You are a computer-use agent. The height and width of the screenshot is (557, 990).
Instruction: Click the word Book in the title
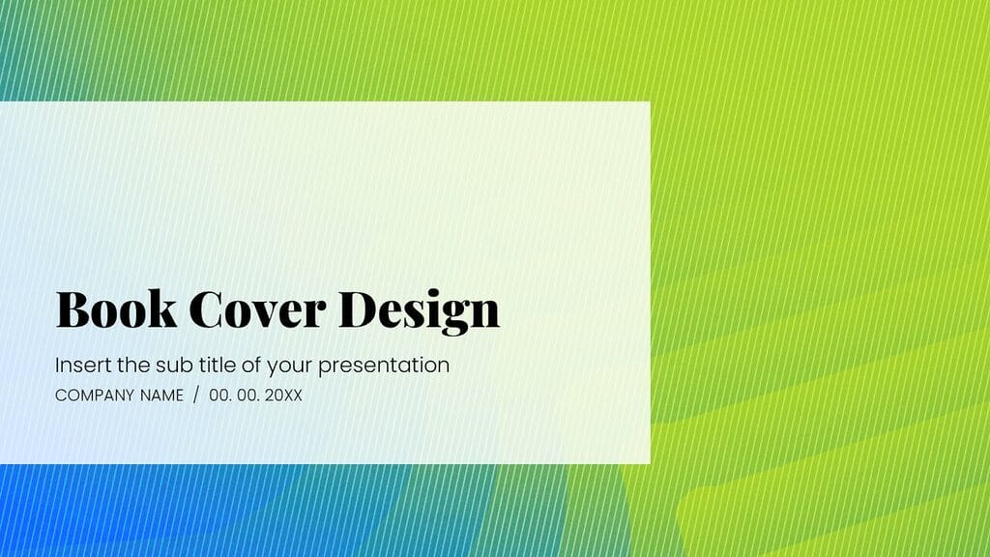coord(116,309)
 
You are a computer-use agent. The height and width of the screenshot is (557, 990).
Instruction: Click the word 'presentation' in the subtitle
coord(384,366)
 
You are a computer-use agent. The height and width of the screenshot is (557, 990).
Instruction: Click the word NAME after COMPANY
coord(162,396)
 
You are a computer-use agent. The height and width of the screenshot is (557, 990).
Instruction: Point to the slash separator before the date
coord(196,396)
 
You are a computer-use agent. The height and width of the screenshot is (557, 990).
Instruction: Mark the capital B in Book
coord(73,309)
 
